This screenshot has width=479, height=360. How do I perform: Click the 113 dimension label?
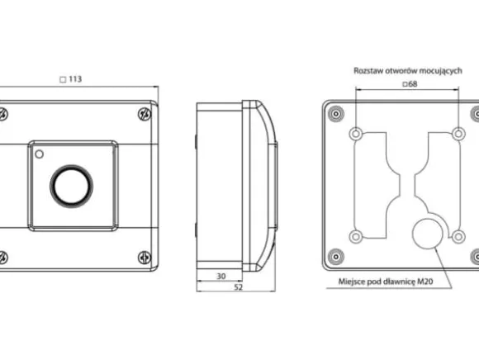(75, 79)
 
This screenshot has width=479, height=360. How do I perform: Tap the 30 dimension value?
(221, 276)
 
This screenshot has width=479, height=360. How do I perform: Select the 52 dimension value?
(238, 287)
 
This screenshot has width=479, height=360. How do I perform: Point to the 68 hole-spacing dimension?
(413, 83)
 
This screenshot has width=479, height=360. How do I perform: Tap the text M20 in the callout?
(425, 282)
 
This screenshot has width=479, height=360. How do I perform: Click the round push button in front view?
(72, 186)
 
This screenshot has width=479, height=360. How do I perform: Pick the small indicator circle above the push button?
(39, 154)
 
